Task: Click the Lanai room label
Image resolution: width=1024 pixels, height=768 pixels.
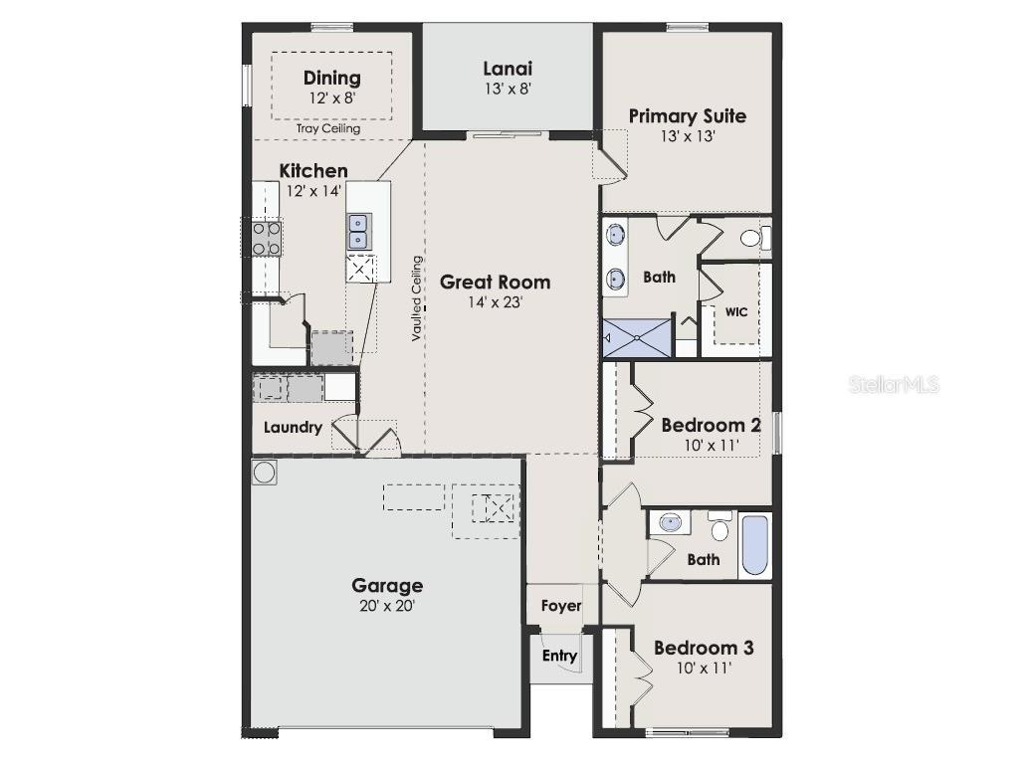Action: click(508, 69)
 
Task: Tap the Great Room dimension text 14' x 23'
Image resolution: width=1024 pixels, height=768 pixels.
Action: click(495, 303)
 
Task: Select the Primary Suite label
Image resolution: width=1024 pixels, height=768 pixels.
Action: click(687, 115)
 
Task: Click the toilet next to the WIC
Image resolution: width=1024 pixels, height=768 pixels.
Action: click(755, 237)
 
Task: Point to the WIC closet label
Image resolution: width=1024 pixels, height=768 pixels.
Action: click(735, 311)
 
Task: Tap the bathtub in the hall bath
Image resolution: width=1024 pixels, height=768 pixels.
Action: click(755, 544)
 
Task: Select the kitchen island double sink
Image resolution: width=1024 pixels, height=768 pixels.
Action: click(359, 232)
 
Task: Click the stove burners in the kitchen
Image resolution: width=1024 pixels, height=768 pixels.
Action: click(266, 239)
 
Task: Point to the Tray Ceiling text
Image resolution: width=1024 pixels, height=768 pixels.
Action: click(328, 128)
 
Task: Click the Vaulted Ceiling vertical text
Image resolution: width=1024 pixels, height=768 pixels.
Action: click(418, 298)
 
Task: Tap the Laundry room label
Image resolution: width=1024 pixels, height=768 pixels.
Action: click(293, 428)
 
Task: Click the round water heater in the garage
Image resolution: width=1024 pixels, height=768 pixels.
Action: click(265, 472)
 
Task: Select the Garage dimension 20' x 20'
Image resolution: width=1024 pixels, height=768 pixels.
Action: click(386, 605)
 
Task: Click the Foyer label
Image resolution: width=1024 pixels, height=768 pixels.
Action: click(560, 605)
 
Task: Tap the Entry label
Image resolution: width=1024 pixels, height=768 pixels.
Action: click(558, 656)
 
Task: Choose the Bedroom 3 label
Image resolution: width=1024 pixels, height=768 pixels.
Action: click(703, 648)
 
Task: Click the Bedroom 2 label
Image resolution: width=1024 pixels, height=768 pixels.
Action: click(711, 425)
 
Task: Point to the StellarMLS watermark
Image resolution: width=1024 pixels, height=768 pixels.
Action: click(893, 385)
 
